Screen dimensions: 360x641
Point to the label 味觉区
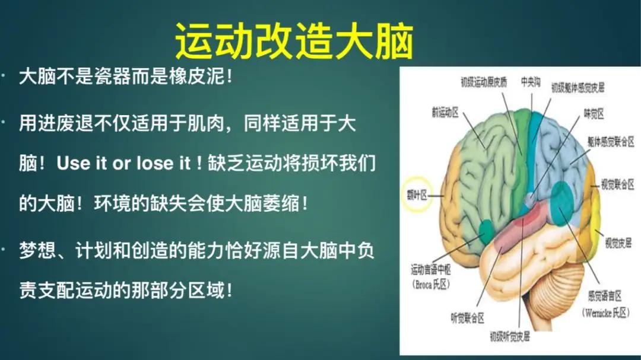tap(593, 113)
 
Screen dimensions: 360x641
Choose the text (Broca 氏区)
tap(431, 284)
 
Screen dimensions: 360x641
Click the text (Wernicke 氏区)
tap(605, 312)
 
